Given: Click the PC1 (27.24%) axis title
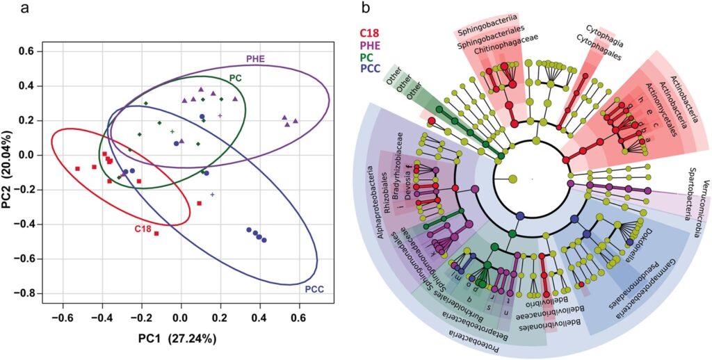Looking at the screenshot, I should coord(180,341).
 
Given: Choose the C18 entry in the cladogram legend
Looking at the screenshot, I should coord(369,32).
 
